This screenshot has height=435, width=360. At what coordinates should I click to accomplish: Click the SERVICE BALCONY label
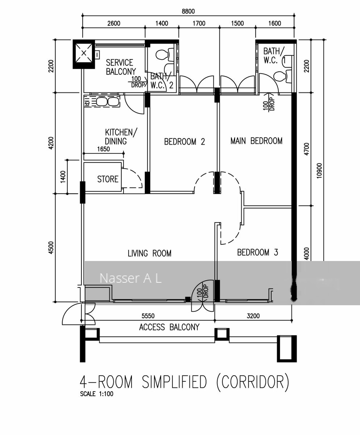click(x=121, y=67)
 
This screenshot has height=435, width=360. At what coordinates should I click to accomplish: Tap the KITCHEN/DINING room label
click(x=121, y=137)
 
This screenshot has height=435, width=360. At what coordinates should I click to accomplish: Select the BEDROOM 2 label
click(x=184, y=141)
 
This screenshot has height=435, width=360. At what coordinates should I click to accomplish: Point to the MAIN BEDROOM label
click(x=256, y=141)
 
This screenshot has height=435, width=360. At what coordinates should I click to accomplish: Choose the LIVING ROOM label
click(x=149, y=253)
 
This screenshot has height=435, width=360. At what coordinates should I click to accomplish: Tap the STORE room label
click(x=108, y=179)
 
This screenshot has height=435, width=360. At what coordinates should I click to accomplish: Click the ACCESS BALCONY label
click(x=169, y=327)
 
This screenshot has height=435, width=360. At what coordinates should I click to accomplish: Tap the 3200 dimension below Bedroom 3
click(x=253, y=316)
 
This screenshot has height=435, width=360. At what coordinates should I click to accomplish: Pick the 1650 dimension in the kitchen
click(x=103, y=149)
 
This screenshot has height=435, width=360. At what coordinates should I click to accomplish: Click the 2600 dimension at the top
click(x=113, y=24)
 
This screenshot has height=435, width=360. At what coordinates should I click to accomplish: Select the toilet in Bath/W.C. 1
click(x=280, y=76)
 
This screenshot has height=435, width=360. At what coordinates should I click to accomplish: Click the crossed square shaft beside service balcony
click(x=84, y=53)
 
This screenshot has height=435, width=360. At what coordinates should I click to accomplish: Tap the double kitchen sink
click(x=107, y=102)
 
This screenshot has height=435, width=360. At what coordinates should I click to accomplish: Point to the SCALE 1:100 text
click(x=96, y=394)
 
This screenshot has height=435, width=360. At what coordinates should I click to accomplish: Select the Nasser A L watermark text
click(x=130, y=278)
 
